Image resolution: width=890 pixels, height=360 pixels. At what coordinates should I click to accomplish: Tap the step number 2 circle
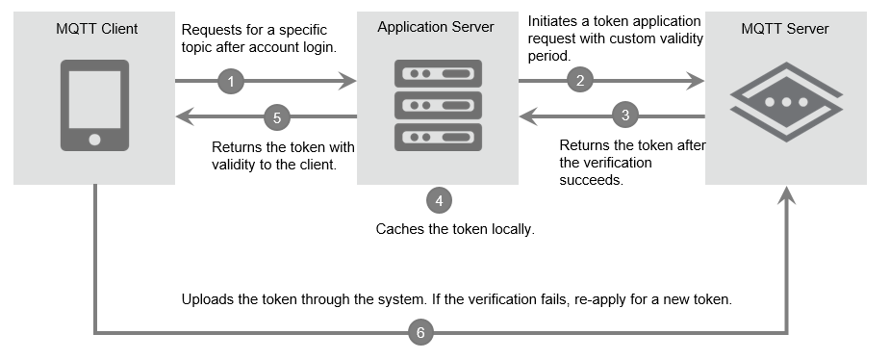pos(579,81)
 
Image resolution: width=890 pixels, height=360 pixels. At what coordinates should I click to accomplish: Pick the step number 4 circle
pos(439,200)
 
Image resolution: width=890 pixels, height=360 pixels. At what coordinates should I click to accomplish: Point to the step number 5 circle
pos(277,117)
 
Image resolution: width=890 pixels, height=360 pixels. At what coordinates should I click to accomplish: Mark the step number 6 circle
pos(420,333)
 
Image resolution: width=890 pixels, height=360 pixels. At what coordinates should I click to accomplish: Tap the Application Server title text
pos(436,27)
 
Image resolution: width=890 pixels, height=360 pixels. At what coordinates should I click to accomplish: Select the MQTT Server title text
pos(785,29)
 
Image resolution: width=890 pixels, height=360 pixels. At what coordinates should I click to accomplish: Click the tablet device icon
pos(94,105)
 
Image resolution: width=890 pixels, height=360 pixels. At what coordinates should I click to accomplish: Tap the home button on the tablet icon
pos(94,140)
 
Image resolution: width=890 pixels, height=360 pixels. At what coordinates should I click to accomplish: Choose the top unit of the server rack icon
pos(438,73)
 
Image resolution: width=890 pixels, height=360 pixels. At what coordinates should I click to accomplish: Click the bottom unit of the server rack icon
pos(438,137)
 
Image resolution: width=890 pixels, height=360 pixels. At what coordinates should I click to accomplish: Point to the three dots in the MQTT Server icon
pos(786,101)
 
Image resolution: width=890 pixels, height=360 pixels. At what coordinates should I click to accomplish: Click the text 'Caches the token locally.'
pos(454,230)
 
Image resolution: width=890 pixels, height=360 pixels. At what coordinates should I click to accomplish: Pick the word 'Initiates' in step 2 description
pos(555,20)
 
